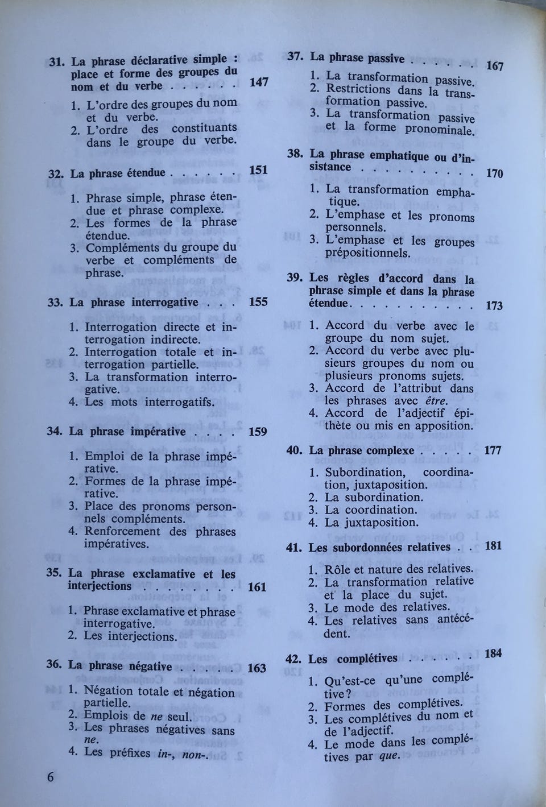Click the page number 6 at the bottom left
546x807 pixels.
click(x=50, y=777)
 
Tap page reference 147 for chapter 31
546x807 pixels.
click(x=258, y=82)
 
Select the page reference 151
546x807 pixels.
click(x=258, y=170)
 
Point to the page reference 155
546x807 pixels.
click(x=258, y=302)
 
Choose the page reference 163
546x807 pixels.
click(x=257, y=668)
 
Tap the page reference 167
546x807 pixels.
click(x=495, y=66)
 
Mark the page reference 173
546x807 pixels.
click(x=494, y=305)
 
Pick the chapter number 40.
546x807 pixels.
click(x=293, y=450)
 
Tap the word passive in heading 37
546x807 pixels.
click(x=386, y=59)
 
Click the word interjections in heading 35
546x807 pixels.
click(x=100, y=586)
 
